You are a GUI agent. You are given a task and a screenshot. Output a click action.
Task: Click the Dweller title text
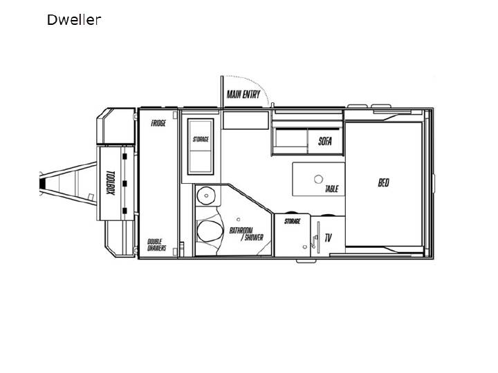click(x=74, y=19)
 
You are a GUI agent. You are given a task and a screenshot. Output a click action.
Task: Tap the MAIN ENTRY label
click(x=243, y=94)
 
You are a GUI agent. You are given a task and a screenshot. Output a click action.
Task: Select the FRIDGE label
click(x=158, y=123)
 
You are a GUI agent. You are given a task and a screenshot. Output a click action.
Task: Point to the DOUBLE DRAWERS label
click(x=156, y=245)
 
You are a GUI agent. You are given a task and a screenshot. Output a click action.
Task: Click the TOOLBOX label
click(x=110, y=182)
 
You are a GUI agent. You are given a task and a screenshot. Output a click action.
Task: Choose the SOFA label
click(x=325, y=141)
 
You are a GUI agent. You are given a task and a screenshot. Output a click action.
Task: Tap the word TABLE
click(x=331, y=189)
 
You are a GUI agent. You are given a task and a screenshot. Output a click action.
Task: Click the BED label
click(x=383, y=182)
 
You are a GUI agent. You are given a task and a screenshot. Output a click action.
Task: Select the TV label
click(x=328, y=238)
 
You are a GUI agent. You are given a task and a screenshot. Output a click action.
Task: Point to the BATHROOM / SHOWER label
click(x=246, y=234)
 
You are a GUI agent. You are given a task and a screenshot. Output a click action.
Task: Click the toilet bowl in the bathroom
click(x=208, y=231)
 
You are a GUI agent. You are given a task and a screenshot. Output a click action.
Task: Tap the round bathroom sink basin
click(x=206, y=195)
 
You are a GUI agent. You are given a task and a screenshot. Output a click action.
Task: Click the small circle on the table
click(x=318, y=179)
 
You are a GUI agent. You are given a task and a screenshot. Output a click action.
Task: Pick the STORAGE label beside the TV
click(x=292, y=221)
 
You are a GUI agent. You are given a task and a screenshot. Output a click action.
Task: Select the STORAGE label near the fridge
click(x=201, y=140)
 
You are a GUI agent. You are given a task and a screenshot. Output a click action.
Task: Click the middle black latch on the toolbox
click(x=124, y=183)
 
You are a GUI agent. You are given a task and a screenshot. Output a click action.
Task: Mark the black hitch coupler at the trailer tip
click(x=42, y=183)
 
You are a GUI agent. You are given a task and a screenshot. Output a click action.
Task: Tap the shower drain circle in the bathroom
click(x=238, y=219)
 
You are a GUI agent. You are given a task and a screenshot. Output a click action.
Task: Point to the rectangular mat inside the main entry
click(x=246, y=120)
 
